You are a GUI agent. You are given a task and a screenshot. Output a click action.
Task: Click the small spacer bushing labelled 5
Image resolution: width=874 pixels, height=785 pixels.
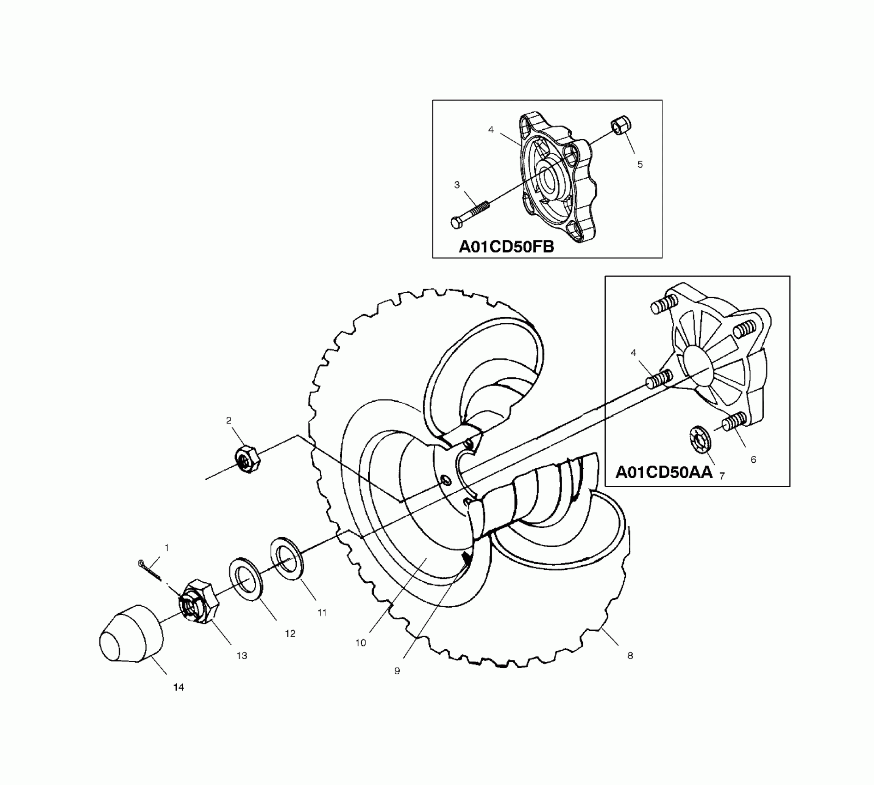[x=621, y=126]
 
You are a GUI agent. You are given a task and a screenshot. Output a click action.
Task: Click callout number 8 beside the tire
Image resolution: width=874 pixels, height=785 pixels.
[x=630, y=655]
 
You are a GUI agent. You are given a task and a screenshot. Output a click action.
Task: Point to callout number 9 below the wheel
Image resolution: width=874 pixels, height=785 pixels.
[x=397, y=671]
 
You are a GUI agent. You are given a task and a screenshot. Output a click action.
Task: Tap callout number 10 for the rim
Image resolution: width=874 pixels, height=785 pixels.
[x=360, y=643]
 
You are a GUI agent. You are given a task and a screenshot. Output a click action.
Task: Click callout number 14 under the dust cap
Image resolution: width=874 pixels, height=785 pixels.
[x=179, y=688]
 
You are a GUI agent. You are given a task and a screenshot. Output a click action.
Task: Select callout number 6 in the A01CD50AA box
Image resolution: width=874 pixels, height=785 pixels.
[x=753, y=459]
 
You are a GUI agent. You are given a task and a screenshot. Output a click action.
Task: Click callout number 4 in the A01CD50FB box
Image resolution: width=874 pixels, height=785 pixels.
[x=491, y=130]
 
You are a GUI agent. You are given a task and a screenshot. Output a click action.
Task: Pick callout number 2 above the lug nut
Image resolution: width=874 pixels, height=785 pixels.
[x=228, y=420]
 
